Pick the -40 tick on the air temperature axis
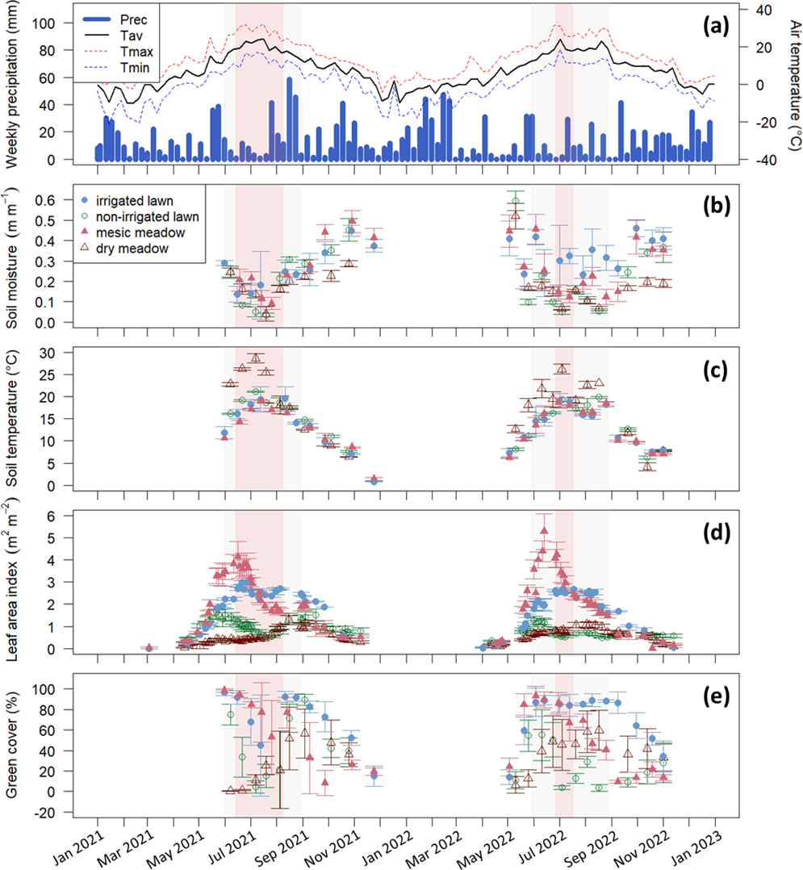[752, 160]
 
